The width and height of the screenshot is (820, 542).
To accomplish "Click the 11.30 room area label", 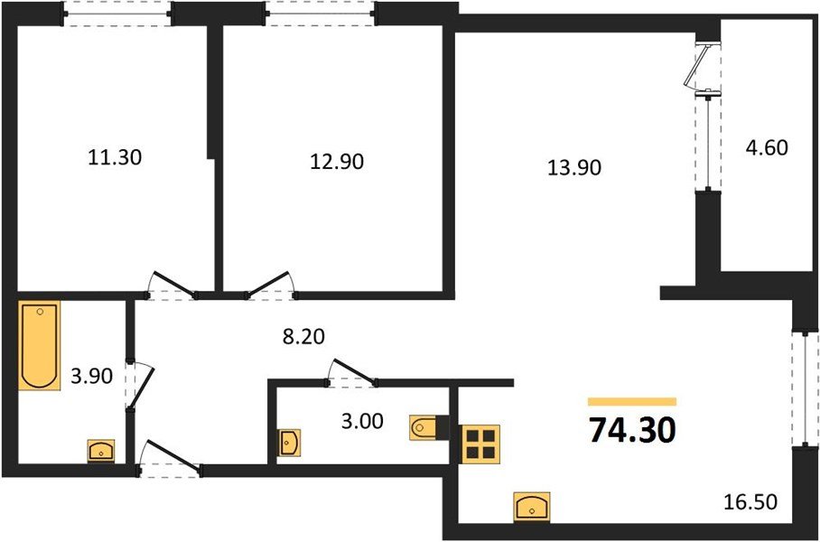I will (x=116, y=157).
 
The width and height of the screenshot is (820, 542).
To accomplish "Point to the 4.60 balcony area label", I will (x=766, y=147).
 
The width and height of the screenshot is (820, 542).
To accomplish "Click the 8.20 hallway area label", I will (x=303, y=337).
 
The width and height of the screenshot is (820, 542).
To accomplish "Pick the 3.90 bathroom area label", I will (x=90, y=377).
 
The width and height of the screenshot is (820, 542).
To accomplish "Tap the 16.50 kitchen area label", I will (x=750, y=499).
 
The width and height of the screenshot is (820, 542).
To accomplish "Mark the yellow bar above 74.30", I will (x=632, y=401).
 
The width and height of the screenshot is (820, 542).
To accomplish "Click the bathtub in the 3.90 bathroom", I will (x=39, y=345).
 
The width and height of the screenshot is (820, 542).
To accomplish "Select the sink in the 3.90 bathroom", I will (x=101, y=450).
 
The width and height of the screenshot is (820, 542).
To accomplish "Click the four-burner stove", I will (x=480, y=442).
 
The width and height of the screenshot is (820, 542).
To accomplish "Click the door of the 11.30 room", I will (x=172, y=285).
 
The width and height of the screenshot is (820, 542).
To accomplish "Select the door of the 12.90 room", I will (x=270, y=285).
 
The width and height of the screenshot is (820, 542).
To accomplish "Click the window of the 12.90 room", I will (x=318, y=13).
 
